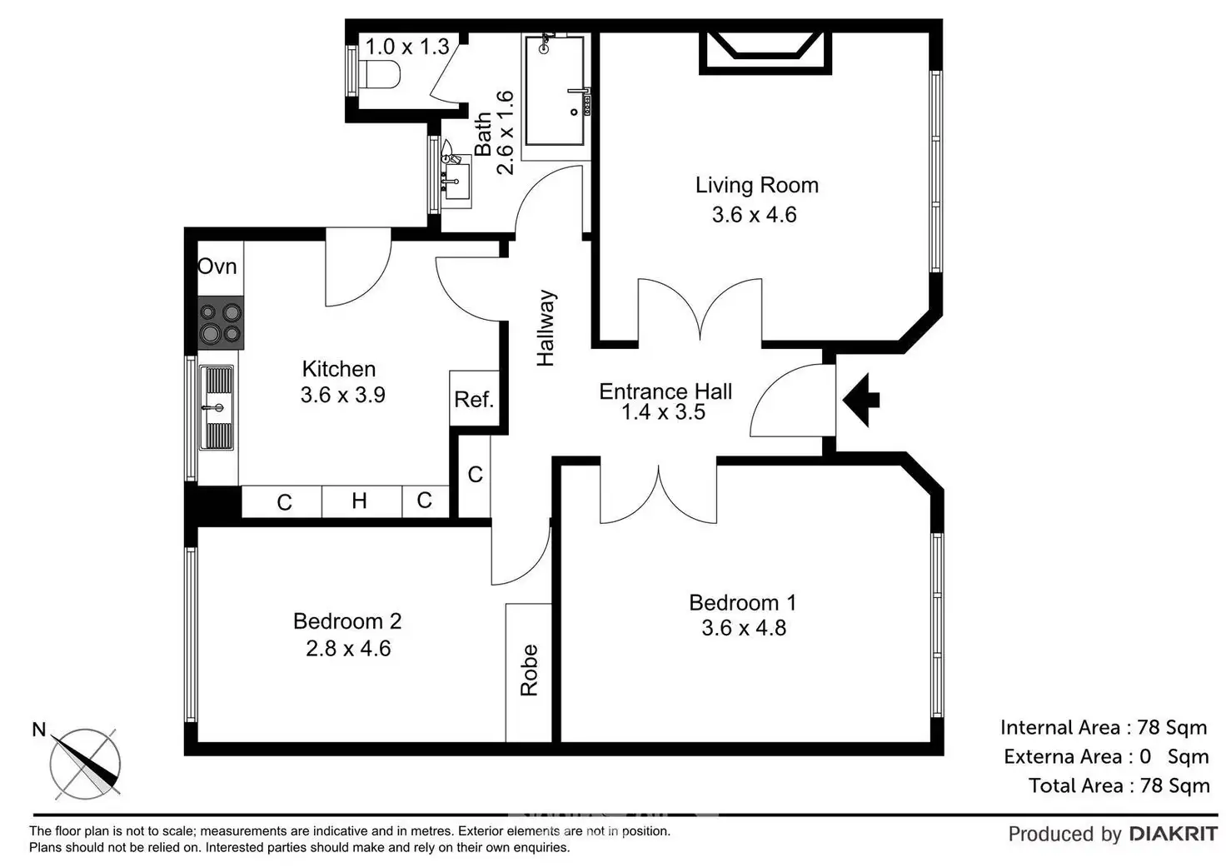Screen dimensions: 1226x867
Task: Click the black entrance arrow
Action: pos(861,400)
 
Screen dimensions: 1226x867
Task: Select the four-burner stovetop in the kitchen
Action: pos(221,322)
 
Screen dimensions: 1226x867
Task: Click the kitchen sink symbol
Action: pos(217,408)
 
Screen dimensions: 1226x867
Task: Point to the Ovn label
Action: pos(217,267)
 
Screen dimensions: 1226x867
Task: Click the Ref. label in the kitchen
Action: pos(474,400)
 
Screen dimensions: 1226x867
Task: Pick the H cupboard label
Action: pos(359,501)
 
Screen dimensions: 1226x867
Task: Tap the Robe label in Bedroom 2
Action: pos(529,670)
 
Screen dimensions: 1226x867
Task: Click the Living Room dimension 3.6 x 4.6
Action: pos(755,215)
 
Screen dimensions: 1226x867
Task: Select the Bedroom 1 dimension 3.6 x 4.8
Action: pos(744,628)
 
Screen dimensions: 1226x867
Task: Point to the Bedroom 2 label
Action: pos(347,621)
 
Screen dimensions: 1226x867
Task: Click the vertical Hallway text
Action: pos(546,328)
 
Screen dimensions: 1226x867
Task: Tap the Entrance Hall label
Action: pos(665,391)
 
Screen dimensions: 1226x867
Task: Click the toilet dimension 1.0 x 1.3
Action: pos(407,47)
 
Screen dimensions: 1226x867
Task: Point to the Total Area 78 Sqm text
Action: pos(1119,786)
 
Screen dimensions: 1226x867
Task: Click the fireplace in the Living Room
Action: pos(765,52)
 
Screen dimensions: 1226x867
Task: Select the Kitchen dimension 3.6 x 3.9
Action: pos(342,395)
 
